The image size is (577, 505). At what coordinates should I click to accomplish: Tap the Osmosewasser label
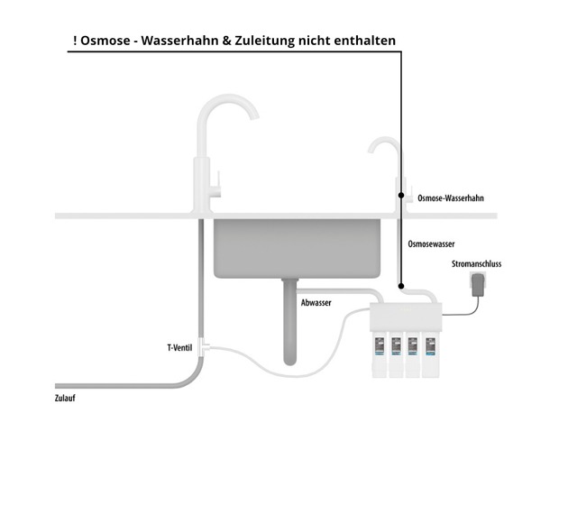431,244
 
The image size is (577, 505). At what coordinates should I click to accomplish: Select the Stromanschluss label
476,264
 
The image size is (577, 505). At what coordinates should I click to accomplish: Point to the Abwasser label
316,303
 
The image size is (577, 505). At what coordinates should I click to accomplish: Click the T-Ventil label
179,347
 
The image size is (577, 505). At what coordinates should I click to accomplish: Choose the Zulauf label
65,398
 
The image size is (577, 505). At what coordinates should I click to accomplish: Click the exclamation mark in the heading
74,41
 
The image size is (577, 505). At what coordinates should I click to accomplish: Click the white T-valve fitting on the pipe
204,345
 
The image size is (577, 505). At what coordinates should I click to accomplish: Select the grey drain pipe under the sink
289,325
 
